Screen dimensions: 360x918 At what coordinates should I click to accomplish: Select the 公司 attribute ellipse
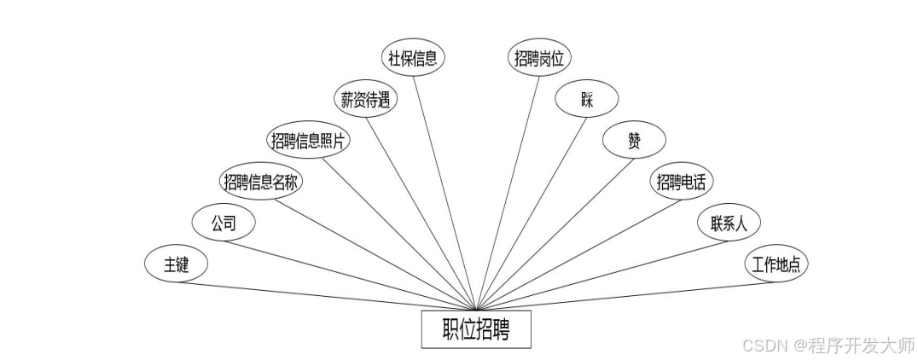point(223,224)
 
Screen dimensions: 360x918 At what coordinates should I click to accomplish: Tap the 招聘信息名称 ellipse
point(262,181)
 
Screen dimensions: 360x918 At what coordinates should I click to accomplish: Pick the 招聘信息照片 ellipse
point(308,141)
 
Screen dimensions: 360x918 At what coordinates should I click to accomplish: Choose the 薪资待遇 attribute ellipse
point(364,100)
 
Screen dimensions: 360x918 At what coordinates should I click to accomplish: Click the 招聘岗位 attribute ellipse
point(541,58)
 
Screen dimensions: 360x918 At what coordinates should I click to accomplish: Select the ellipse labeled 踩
point(586,99)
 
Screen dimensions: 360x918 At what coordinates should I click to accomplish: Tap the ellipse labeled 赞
point(634,140)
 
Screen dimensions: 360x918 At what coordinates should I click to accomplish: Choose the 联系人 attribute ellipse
point(729,224)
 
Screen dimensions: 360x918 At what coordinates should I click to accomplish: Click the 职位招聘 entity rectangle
point(476,330)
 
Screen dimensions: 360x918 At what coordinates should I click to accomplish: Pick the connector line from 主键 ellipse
point(324,295)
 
